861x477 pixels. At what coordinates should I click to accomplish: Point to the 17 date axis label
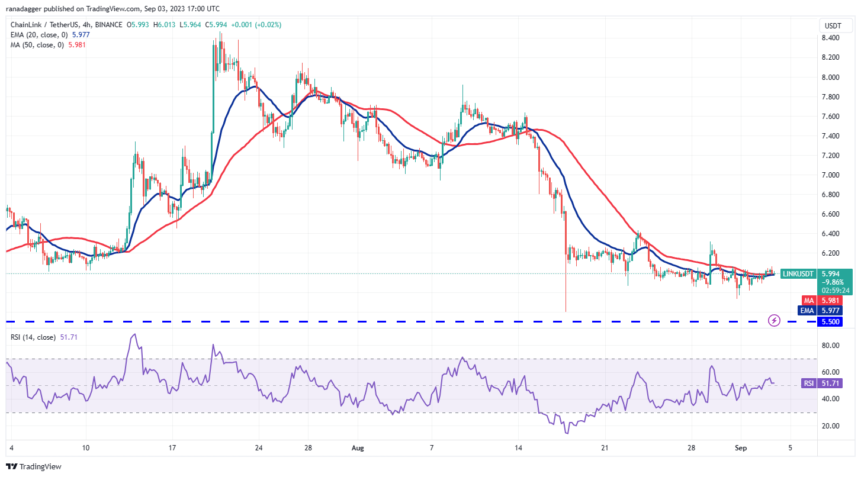coord(171,448)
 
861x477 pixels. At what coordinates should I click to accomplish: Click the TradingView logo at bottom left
coord(34,466)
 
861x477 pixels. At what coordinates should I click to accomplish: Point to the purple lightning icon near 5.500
coord(774,321)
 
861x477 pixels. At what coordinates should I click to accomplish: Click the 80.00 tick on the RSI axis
coord(830,345)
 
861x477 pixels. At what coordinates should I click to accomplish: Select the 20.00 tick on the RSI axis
coord(830,426)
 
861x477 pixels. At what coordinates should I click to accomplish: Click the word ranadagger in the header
coord(26,9)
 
